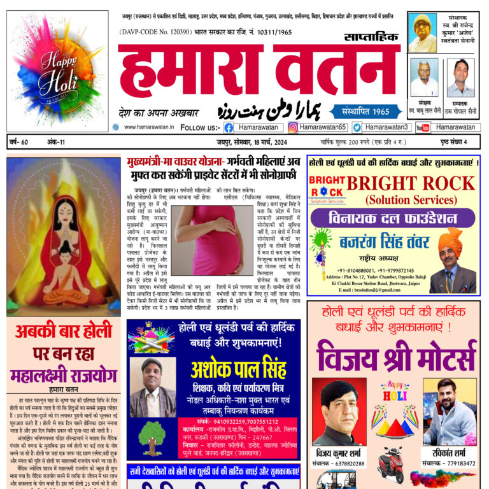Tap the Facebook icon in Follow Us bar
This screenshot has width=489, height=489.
(229, 127)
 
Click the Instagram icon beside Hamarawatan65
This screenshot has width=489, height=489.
(293, 127)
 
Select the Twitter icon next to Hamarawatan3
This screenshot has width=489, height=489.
(357, 127)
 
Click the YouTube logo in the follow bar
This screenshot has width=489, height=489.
(423, 127)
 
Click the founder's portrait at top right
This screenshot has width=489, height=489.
(422, 33)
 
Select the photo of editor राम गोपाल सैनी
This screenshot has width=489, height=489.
(460, 78)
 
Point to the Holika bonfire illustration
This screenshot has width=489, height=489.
(63, 236)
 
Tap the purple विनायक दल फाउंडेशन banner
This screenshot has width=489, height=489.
(392, 220)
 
